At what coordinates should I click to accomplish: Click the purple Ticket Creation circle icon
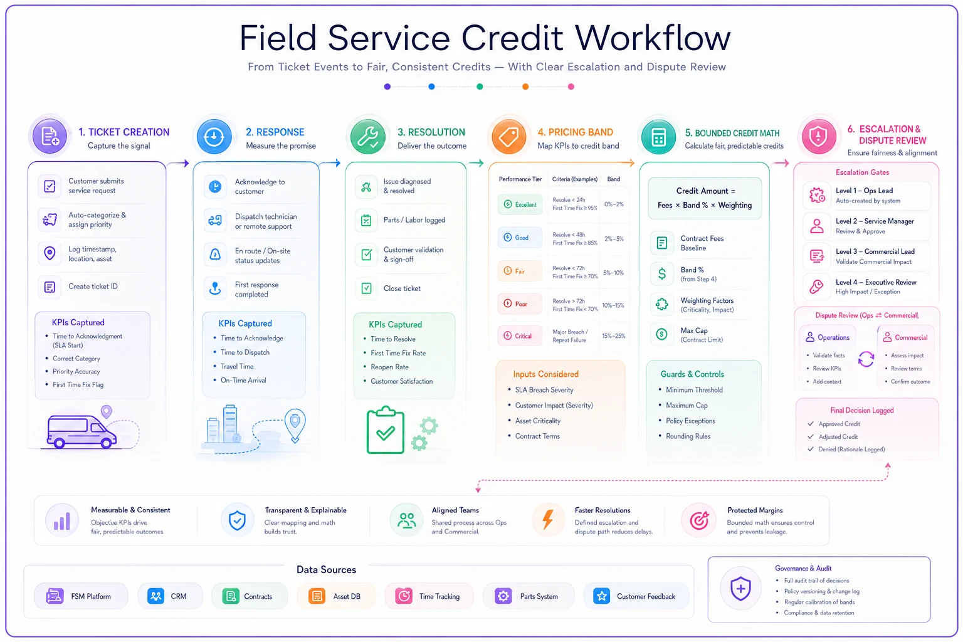point(50,136)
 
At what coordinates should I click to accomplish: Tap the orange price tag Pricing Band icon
point(508,137)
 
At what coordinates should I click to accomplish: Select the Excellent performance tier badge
point(520,204)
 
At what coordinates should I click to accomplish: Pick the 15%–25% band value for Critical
point(614,336)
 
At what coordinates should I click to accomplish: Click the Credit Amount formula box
point(705,198)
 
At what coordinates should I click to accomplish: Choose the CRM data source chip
point(170,596)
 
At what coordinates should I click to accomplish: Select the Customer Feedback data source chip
point(636,596)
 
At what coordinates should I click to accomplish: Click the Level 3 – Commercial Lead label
point(875,251)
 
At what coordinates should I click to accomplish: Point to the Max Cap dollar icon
point(661,334)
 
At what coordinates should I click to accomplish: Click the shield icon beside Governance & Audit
point(740,588)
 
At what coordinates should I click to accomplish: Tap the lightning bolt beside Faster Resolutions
point(548,520)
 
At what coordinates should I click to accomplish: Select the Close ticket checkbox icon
point(366,288)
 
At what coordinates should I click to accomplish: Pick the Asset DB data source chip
point(336,596)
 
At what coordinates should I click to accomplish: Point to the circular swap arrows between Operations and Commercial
point(866,359)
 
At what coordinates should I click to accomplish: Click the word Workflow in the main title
point(653,38)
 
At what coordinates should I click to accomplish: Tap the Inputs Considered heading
point(545,374)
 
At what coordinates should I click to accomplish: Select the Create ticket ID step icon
point(50,287)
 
